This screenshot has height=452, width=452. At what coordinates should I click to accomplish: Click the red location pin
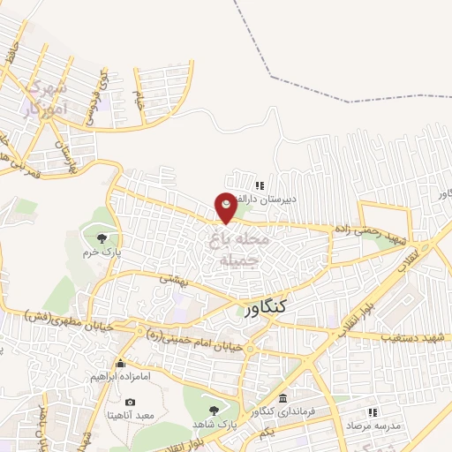(227, 206)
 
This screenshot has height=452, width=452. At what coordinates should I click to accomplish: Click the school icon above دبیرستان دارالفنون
(259, 185)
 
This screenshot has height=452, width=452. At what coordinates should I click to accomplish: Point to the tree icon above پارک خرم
(104, 237)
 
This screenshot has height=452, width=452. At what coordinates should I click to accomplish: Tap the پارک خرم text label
(102, 252)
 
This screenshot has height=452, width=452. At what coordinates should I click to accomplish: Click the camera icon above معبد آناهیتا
(131, 402)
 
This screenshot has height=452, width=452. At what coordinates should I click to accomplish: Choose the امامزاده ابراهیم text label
(122, 377)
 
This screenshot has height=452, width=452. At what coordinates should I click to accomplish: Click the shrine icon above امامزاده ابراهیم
(121, 363)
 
